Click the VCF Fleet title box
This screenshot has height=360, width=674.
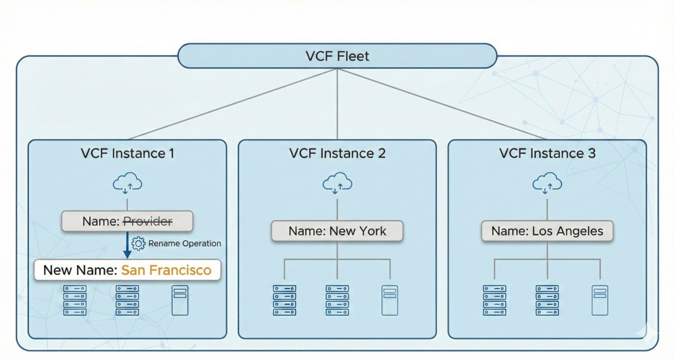click(x=337, y=56)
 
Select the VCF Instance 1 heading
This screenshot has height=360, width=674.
click(x=127, y=154)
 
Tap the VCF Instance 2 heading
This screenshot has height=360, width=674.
click(x=337, y=154)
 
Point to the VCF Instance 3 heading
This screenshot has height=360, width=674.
click(x=547, y=154)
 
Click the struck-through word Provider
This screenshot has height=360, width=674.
click(x=147, y=221)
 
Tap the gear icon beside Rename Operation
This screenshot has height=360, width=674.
click(x=139, y=243)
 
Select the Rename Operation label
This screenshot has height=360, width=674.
click(x=184, y=243)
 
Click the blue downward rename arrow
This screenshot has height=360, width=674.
click(x=126, y=246)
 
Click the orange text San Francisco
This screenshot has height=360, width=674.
click(x=166, y=270)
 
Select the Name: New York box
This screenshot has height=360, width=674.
click(x=337, y=231)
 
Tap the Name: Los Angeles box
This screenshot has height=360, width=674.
click(x=547, y=231)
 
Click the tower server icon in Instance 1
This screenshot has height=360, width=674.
click(x=180, y=300)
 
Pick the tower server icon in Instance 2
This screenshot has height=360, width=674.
click(x=389, y=300)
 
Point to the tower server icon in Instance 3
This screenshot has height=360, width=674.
click(x=600, y=300)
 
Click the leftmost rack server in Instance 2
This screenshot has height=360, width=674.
click(x=285, y=300)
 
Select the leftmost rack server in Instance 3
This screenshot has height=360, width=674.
click(x=495, y=300)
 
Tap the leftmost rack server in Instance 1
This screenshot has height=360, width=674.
click(x=75, y=300)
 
